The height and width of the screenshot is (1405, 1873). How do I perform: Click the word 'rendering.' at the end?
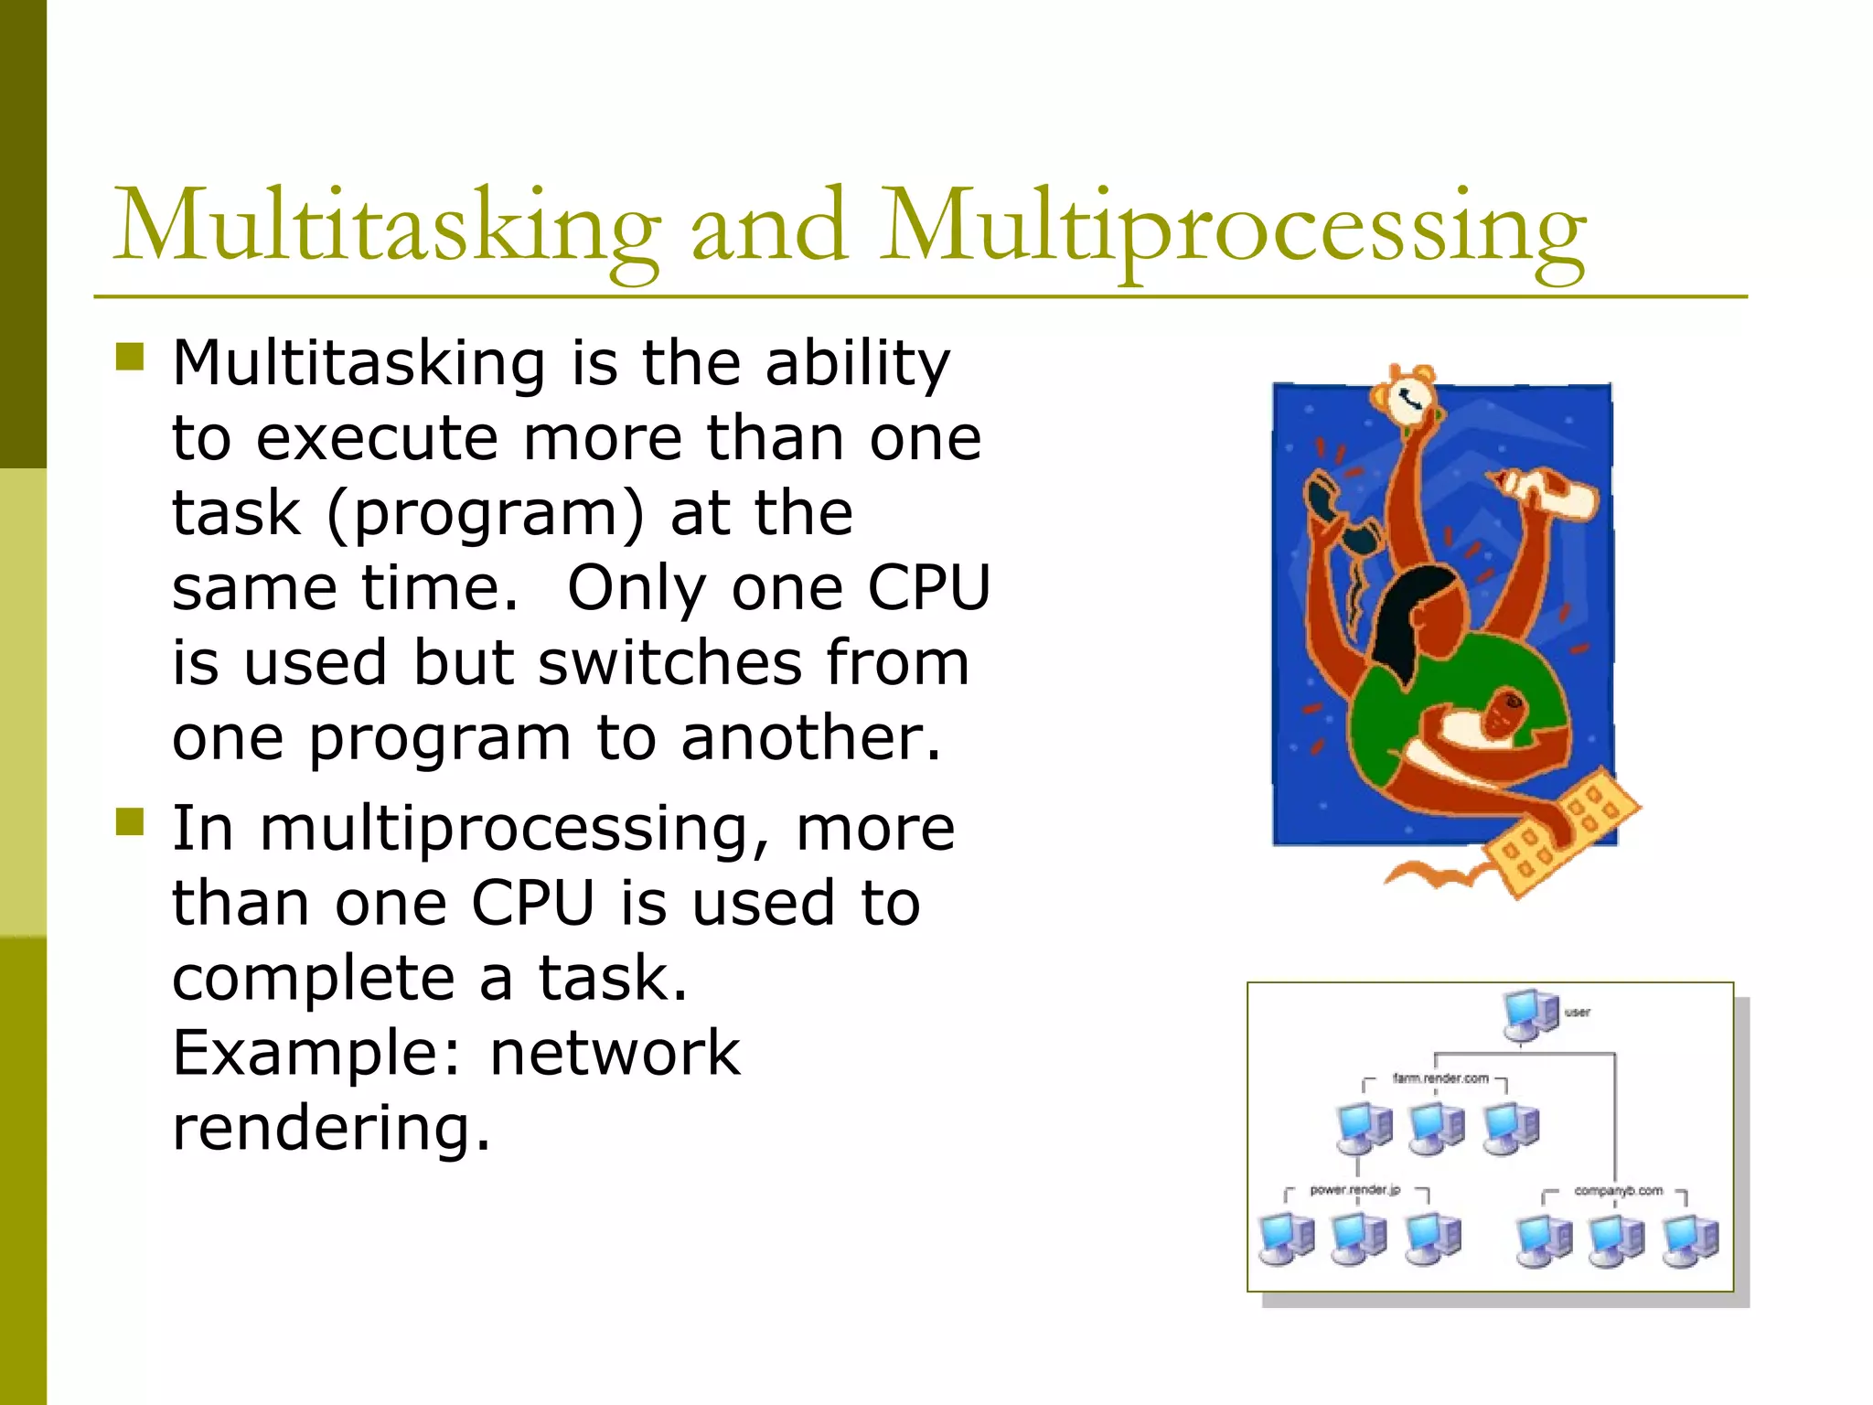tap(331, 1128)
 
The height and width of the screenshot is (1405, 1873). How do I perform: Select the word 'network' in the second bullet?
tap(615, 1053)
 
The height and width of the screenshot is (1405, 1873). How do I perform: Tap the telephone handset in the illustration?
tap(1337, 518)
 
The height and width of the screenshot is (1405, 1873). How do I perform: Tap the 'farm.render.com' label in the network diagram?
tap(1440, 1078)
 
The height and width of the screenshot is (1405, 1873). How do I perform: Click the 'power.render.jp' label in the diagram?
tap(1354, 1190)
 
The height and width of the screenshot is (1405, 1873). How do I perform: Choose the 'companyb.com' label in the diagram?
tap(1618, 1191)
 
